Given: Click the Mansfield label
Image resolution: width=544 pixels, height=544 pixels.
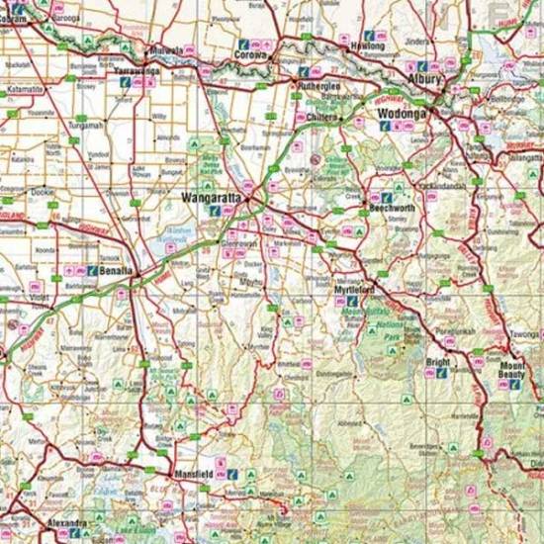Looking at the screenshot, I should point(194,474).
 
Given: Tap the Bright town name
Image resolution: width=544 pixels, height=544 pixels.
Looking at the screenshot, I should point(436,363).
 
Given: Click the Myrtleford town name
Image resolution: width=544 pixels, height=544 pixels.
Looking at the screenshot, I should point(354,289).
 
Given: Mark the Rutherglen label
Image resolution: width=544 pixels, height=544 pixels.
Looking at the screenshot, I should point(319,86).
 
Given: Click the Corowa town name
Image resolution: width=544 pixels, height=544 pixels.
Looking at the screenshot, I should point(251,56).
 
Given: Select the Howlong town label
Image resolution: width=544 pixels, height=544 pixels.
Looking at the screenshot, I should point(368,46).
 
